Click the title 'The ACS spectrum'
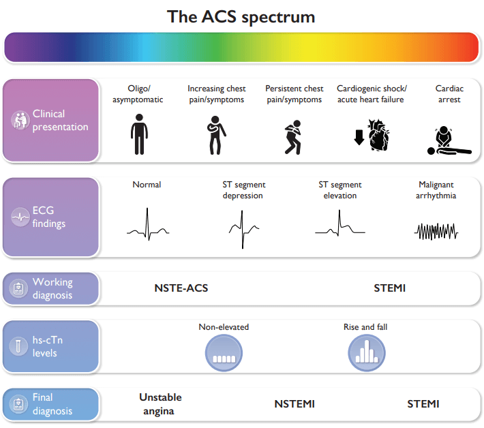241,17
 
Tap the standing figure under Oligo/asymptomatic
139,134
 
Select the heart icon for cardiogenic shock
378,135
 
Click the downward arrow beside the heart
359,137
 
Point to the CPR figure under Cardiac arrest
449,140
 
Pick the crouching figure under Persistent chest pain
293,137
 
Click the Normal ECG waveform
148,225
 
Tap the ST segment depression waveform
243,229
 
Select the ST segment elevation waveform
340,224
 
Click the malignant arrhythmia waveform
436,232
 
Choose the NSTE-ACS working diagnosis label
181,288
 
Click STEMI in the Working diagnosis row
389,288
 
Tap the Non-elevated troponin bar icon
224,353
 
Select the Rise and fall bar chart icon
367,353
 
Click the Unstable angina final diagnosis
160,404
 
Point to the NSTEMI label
294,404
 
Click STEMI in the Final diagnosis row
423,404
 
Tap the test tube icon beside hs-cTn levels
18,346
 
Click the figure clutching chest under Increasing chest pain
216,136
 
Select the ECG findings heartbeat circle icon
20,217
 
